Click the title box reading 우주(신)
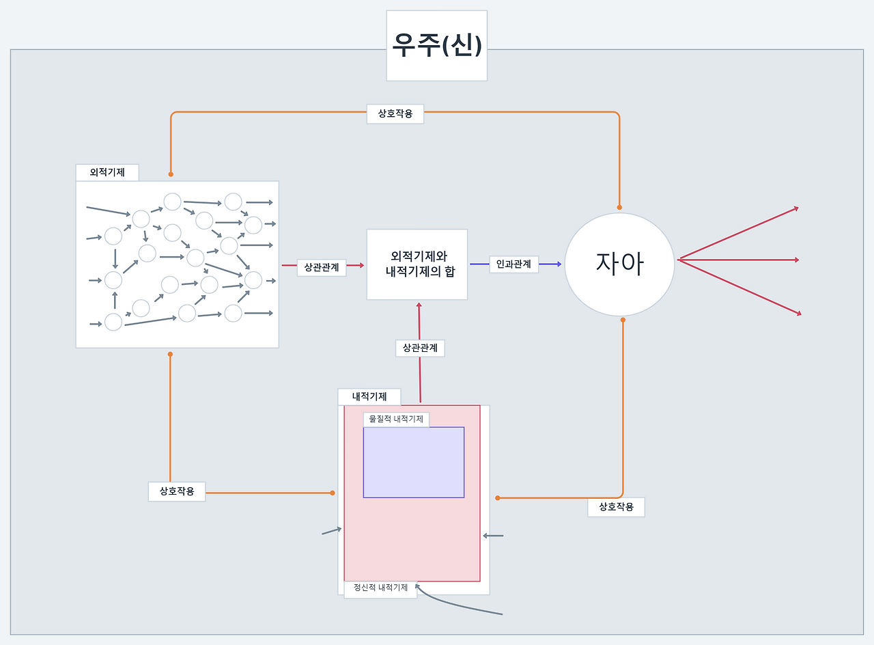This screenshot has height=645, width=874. [437, 46]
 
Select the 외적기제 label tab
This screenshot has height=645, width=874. [107, 172]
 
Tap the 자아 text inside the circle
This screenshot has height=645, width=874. [619, 264]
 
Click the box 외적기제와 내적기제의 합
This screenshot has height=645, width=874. [417, 264]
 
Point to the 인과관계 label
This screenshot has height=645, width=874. [514, 264]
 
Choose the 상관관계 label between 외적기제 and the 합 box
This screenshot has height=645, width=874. [322, 268]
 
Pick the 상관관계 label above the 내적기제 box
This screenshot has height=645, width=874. [420, 348]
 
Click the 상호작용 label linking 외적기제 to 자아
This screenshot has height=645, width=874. [395, 114]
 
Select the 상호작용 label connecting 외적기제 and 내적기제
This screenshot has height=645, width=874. [177, 491]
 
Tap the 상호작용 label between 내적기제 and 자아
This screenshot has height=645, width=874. [616, 507]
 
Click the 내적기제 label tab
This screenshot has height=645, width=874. [369, 396]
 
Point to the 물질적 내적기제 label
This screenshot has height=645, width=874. [396, 419]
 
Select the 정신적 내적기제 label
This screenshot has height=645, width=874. [380, 588]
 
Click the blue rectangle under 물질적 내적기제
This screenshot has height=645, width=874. [414, 462]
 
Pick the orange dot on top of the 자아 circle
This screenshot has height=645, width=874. [620, 207]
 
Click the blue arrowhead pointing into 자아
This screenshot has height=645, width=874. [559, 264]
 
